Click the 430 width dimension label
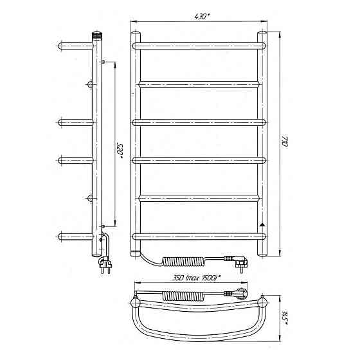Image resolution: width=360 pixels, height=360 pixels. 203,17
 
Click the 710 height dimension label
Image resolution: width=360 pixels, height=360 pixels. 285,141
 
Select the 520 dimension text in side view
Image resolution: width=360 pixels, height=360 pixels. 120,151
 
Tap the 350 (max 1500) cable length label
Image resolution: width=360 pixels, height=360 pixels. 196,278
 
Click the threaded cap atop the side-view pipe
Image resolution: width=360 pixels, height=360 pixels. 97,34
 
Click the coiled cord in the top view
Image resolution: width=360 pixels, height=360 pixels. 184,296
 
